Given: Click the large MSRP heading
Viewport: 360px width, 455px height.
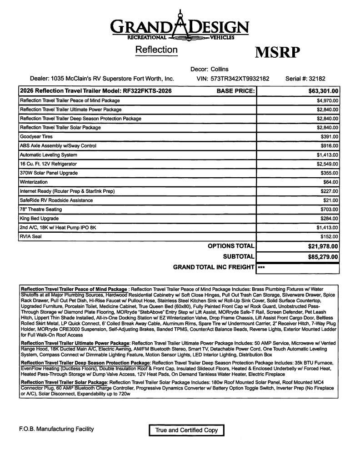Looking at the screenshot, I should pyautogui.click(x=277, y=53).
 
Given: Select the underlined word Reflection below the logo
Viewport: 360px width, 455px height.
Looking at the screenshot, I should pyautogui.click(x=156, y=50).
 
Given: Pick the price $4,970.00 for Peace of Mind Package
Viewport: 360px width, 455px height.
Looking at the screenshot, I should pyautogui.click(x=327, y=100).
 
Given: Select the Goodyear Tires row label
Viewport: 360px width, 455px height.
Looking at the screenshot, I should pyautogui.click(x=36, y=136).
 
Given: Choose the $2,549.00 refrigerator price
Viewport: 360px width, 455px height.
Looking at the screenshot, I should pyautogui.click(x=327, y=164).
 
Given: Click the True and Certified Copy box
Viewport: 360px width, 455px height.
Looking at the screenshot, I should pyautogui.click(x=186, y=430).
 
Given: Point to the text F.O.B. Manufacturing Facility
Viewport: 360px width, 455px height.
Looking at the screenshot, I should pyautogui.click(x=56, y=429).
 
